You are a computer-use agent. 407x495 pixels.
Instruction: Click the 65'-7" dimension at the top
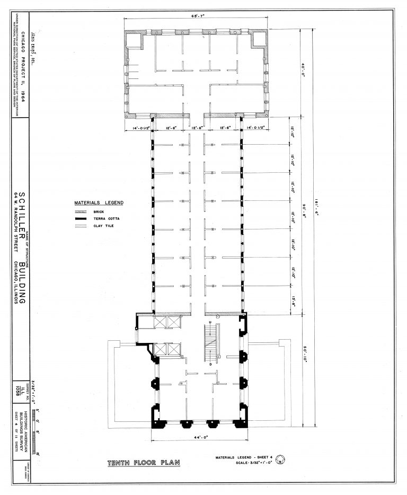point(198,16)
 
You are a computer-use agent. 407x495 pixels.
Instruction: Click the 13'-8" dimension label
point(293,301)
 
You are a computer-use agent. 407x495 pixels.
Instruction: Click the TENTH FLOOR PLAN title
point(143,463)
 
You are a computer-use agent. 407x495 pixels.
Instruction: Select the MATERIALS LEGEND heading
point(99,203)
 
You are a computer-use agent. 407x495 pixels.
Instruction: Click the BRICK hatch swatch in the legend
point(81,211)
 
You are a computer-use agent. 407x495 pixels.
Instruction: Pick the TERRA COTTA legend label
point(105,219)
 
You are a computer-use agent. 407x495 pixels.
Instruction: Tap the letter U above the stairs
point(210,322)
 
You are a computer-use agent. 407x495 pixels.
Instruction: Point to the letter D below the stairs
point(210,365)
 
